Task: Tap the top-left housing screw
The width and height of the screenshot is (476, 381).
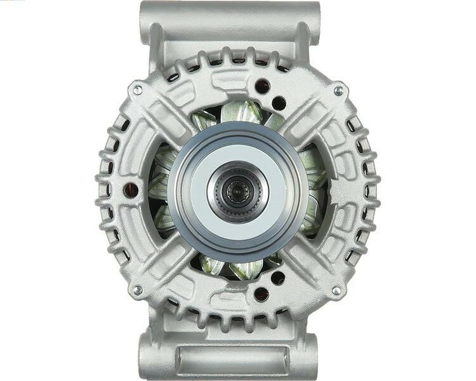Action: coord(136,90)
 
